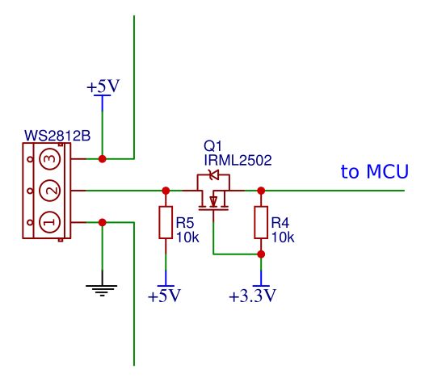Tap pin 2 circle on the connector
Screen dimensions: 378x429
pyautogui.click(x=49, y=191)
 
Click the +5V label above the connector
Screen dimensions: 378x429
pyautogui.click(x=103, y=86)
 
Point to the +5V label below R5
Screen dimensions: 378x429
pyautogui.click(x=166, y=296)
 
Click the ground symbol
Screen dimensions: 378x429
pyautogui.click(x=102, y=286)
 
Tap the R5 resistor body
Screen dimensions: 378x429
pyautogui.click(x=166, y=223)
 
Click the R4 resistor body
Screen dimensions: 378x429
pyautogui.click(x=261, y=223)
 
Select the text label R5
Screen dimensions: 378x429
pyautogui.click(x=186, y=221)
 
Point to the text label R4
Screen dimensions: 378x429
pyautogui.click(x=280, y=221)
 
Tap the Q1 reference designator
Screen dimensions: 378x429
pyautogui.click(x=213, y=146)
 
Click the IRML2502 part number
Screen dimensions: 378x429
pyautogui.click(x=237, y=161)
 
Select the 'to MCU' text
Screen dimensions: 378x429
pyautogui.click(x=374, y=172)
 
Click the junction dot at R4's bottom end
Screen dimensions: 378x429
pyautogui.click(x=261, y=254)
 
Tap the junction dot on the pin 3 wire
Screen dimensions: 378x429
pyautogui.click(x=102, y=159)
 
